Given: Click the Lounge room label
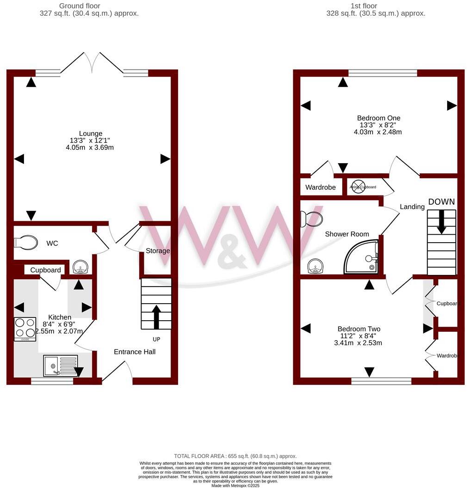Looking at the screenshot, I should pos(91,134).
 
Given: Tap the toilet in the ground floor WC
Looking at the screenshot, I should pos(26,242).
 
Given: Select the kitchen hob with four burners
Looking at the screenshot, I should pos(25,329).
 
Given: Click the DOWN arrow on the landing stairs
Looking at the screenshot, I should pos(442,221).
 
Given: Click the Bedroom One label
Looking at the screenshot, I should pos(378,118).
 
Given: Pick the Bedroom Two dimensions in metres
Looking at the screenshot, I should pos(358,343).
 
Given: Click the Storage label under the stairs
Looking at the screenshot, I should pos(158,251).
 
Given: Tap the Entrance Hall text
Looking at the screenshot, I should pos(135,352).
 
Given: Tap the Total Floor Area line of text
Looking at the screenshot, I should pos(235,456).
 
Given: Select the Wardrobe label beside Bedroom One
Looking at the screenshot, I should pos(320,188).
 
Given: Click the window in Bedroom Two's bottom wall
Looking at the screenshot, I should pos(381,381).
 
